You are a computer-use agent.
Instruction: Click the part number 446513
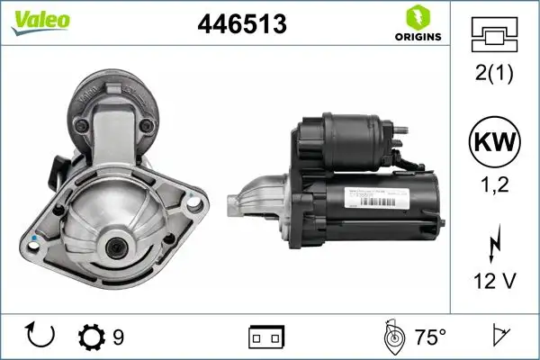click(x=241, y=26)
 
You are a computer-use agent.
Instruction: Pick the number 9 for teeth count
click(x=118, y=337)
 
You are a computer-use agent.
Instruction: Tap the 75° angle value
click(x=430, y=337)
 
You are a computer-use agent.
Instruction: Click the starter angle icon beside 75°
click(x=393, y=337)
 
